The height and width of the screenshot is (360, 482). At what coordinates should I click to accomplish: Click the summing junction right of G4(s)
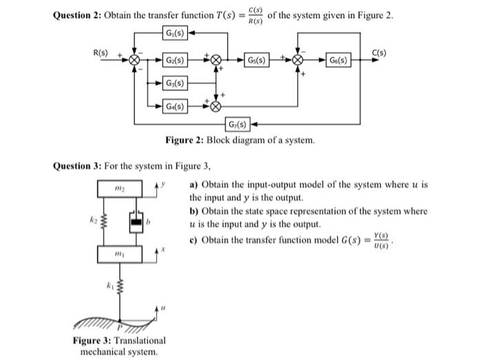pyautogui.click(x=217, y=107)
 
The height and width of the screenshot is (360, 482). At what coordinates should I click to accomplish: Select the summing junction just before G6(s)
pyautogui.click(x=298, y=61)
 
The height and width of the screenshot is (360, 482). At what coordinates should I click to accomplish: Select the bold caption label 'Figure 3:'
pyautogui.click(x=92, y=341)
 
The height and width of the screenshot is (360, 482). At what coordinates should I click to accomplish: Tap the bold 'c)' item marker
pyautogui.click(x=194, y=238)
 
